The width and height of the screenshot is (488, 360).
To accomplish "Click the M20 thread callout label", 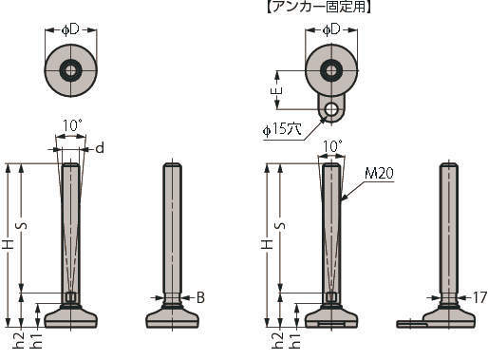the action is click(379, 173).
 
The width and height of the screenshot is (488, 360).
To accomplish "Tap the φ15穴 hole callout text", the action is click(282, 129).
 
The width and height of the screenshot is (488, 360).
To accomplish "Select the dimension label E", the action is click(277, 91).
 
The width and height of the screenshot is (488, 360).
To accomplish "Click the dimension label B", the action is click(200, 297).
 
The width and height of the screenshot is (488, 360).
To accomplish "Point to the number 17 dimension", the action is click(479, 297).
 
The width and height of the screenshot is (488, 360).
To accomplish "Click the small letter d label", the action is click(100, 148).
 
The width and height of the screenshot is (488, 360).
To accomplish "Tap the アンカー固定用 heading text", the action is click(318, 7).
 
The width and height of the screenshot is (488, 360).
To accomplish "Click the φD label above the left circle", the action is click(70, 30).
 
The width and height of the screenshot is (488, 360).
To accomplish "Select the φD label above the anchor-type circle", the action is click(331, 29).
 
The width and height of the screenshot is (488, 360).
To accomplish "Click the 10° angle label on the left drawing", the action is click(72, 125).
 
